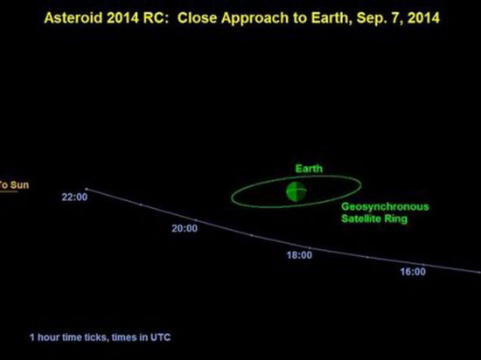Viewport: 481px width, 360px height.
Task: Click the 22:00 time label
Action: [x=74, y=197]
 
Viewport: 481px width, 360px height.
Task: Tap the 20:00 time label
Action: [x=185, y=228]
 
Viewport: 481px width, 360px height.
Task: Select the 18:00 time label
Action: [x=299, y=255]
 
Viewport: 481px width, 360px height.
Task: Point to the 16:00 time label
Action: [x=413, y=272]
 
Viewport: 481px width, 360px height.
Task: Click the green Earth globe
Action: [x=296, y=191]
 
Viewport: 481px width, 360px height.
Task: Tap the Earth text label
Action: [x=309, y=169]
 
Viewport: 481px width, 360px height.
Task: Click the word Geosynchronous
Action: [x=385, y=207]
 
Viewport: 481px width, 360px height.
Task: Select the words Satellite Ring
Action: [x=374, y=218]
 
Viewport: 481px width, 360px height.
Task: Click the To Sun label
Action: [x=14, y=184]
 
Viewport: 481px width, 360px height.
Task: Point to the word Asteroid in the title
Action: [x=73, y=17]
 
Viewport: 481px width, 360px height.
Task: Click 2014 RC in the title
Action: [x=137, y=17]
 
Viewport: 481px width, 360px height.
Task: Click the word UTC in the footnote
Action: [x=160, y=337]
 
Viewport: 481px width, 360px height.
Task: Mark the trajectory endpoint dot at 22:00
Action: [x=87, y=189]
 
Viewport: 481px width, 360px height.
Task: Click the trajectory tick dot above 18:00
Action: [x=310, y=247]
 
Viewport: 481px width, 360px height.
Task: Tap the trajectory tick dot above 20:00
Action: [x=196, y=220]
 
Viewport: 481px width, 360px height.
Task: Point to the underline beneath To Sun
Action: [x=9, y=191]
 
